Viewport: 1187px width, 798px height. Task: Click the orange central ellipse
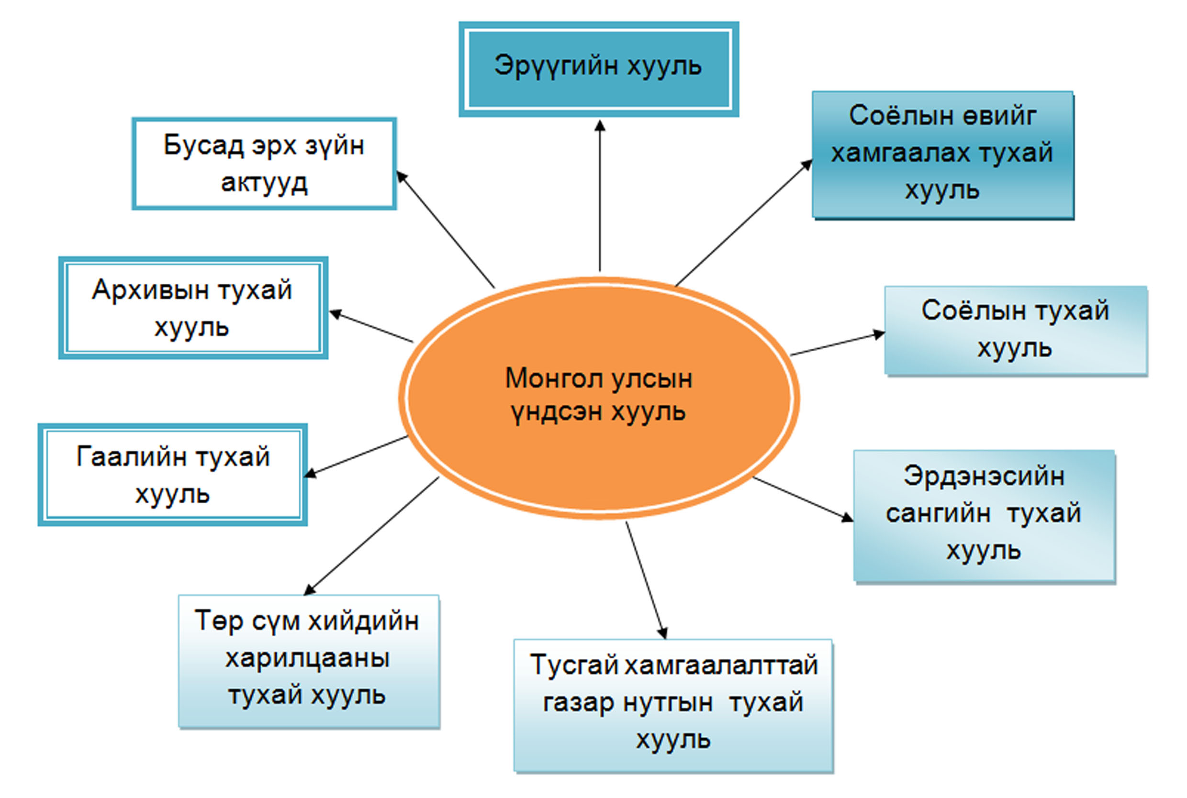pyautogui.click(x=599, y=458)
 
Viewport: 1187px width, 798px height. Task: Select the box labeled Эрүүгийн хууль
pyautogui.click(x=599, y=69)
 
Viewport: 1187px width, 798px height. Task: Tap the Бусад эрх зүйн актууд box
pyautogui.click(x=264, y=164)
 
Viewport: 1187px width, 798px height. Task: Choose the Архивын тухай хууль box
pyautogui.click(x=193, y=308)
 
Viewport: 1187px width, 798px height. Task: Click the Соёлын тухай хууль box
pyautogui.click(x=1016, y=330)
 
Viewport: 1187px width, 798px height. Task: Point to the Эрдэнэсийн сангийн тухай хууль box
pyautogui.click(x=984, y=515)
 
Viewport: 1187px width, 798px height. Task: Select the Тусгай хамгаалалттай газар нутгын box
pyautogui.click(x=673, y=704)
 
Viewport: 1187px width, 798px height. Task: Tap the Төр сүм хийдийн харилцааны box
pyautogui.click(x=308, y=661)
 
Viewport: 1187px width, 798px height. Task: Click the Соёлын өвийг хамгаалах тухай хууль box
pyautogui.click(x=943, y=155)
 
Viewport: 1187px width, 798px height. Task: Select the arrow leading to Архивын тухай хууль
pyautogui.click(x=371, y=326)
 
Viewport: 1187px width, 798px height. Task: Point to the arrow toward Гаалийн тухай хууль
pyautogui.click(x=356, y=456)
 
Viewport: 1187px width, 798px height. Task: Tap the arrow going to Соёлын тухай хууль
pyautogui.click(x=837, y=344)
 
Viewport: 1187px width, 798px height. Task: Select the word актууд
pyautogui.click(x=264, y=183)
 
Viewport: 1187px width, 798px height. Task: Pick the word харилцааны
pyautogui.click(x=307, y=659)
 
